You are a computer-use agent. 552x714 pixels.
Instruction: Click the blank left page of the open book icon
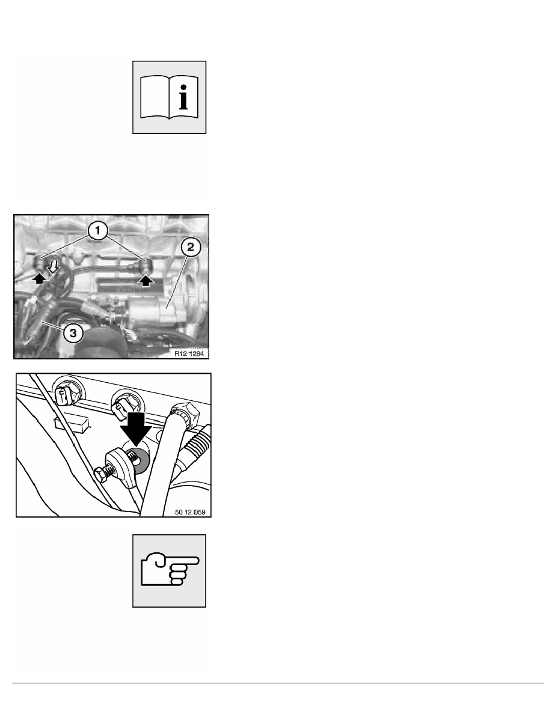pyautogui.click(x=155, y=97)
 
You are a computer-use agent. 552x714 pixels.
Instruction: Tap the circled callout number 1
pyautogui.click(x=97, y=230)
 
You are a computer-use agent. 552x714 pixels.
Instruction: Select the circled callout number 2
pyautogui.click(x=191, y=247)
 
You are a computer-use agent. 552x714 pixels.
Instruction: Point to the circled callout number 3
pyautogui.click(x=73, y=333)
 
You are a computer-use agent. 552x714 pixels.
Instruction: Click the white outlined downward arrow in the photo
pyautogui.click(x=54, y=266)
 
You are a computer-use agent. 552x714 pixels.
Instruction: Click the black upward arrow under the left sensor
pyautogui.click(x=40, y=278)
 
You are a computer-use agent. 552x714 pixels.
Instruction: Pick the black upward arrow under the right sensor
pyautogui.click(x=146, y=280)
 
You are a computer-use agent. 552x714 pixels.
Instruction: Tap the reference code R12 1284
pyautogui.click(x=189, y=353)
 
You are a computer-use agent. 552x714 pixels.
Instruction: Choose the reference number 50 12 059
pyautogui.click(x=191, y=512)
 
